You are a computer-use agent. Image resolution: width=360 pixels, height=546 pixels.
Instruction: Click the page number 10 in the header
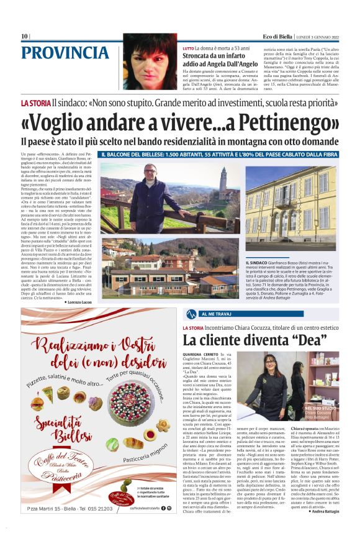(x=24, y=36)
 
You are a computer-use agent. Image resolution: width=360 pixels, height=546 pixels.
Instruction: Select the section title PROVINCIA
(x=68, y=53)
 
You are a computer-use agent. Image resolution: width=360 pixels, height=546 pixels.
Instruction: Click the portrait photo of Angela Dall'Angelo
(x=150, y=61)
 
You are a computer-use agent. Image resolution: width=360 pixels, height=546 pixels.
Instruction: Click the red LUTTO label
(x=188, y=48)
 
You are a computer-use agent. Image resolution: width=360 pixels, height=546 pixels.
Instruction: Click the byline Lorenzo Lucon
(x=79, y=301)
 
